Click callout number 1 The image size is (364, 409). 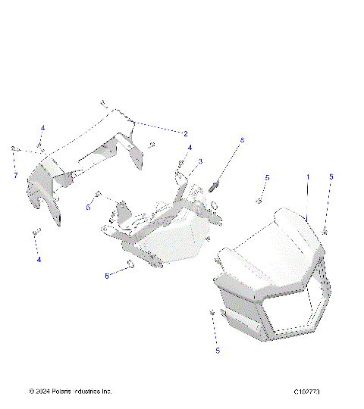(x=307, y=176)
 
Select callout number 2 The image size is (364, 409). (x=185, y=133)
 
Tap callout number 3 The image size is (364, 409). (x=200, y=161)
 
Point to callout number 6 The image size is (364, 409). (x=107, y=276)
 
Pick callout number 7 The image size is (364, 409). (x=14, y=176)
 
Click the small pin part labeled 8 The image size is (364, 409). (x=215, y=184)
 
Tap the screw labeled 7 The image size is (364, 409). (x=14, y=150)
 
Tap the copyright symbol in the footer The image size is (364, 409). (x=31, y=392)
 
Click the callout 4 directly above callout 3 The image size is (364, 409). (x=190, y=148)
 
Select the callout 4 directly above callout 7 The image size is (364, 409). (x=42, y=128)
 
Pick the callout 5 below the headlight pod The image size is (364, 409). (x=217, y=351)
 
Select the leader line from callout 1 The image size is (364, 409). (x=307, y=198)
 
